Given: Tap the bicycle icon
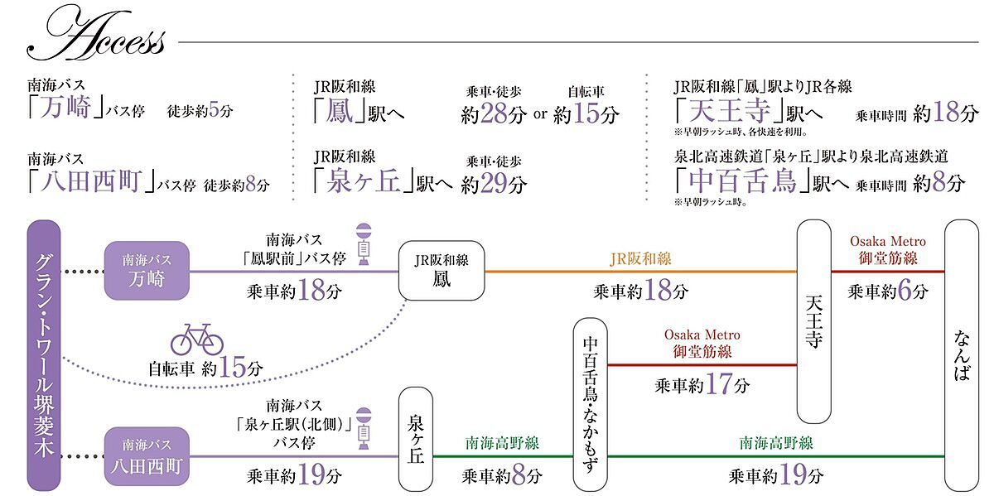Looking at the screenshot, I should pyautogui.click(x=197, y=339).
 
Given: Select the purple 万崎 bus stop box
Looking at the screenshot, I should pyautogui.click(x=147, y=271).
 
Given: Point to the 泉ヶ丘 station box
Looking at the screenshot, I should pyautogui.click(x=417, y=440).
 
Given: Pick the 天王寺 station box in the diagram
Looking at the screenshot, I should pyautogui.click(x=813, y=321).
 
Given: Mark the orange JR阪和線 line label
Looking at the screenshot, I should pyautogui.click(x=640, y=259).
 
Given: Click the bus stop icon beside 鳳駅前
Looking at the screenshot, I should pyautogui.click(x=364, y=245).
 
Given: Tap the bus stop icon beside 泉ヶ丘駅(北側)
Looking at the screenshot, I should pyautogui.click(x=364, y=430).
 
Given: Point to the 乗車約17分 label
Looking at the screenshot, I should pyautogui.click(x=702, y=386).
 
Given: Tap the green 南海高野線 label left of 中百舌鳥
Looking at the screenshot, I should pyautogui.click(x=502, y=444).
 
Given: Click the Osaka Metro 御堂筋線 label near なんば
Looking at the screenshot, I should pyautogui.click(x=887, y=250).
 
